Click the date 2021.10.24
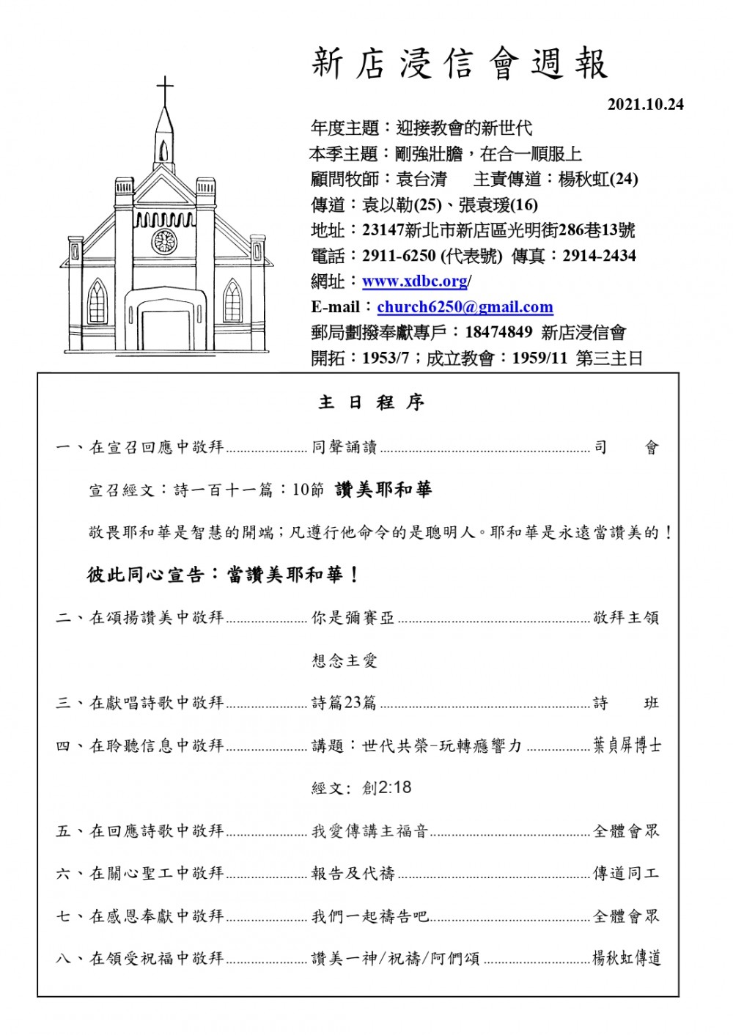coord(645,104)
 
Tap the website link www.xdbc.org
coord(415,281)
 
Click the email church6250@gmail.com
coord(465,307)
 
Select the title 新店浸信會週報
coord(460,65)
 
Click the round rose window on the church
coord(164,241)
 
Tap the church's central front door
coord(165,331)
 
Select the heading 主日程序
coord(372,402)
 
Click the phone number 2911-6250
coord(399,257)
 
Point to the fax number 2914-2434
coord(599,257)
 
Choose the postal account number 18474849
coord(498,333)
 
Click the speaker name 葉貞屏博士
coord(627,745)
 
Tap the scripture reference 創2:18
coord(386,788)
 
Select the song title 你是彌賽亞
coord(353,618)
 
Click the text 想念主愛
coord(345,660)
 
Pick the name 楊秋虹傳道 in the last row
coord(627,958)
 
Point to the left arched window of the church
coord(96,301)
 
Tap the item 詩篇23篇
coord(344,703)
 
